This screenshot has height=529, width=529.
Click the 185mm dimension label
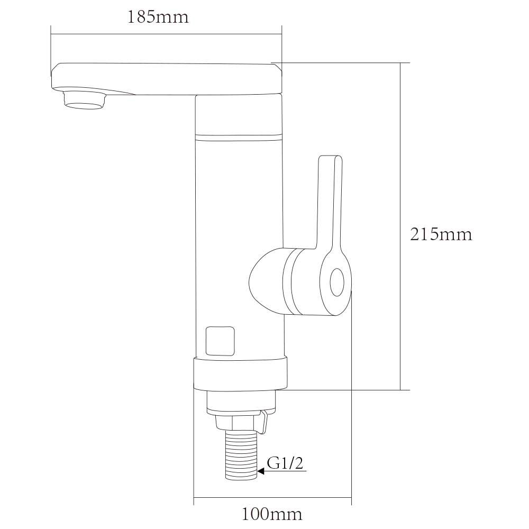158,17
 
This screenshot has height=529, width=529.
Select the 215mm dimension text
441,234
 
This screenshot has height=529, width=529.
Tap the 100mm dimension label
272,514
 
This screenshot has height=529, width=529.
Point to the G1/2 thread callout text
285,463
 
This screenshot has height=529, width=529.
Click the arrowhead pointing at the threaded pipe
261,471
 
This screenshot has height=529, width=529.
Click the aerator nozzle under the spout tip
85,99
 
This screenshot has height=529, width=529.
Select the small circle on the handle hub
336,282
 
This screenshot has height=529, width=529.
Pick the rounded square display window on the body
220,341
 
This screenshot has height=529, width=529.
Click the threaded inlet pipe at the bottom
241,455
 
